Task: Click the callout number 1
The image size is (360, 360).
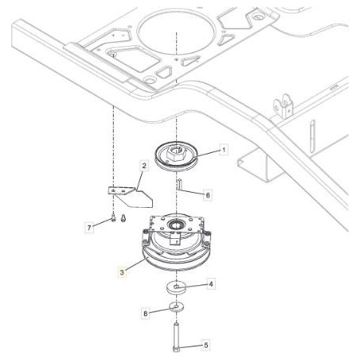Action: tap(224, 149)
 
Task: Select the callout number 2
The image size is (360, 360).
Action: tap(143, 166)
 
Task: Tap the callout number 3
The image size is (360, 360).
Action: tap(121, 272)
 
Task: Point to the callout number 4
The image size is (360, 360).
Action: tap(211, 283)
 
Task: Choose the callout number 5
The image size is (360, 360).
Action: tap(206, 345)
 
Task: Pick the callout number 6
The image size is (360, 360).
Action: tap(208, 194)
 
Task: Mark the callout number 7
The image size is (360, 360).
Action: tap(89, 227)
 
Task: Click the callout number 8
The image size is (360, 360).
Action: tap(146, 314)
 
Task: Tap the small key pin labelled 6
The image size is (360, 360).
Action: tap(179, 185)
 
